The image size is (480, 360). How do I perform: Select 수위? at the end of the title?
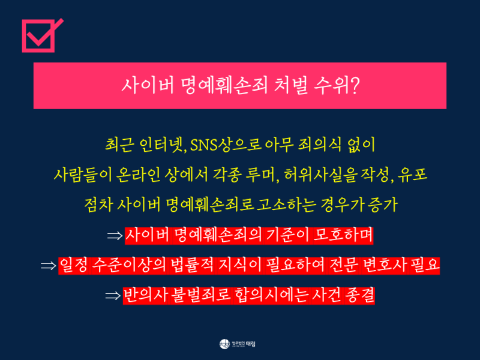[x=337, y=85]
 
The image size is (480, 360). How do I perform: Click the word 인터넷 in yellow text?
[x=162, y=145]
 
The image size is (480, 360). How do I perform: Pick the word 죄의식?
[x=315, y=145]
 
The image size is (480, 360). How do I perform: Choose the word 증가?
[x=383, y=205]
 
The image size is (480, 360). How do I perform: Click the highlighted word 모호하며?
[x=343, y=235]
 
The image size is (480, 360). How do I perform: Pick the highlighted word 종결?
[x=359, y=295]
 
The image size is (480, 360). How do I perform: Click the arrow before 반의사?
[x=113, y=296]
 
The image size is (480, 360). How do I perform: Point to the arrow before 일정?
[x=49, y=266]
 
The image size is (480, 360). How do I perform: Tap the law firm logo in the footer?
[x=237, y=344]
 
